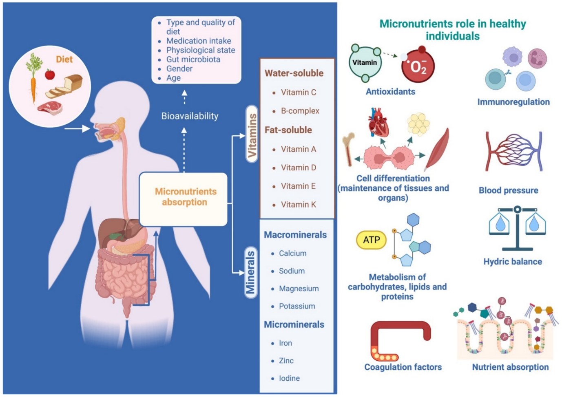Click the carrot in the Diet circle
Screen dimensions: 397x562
coord(33,84)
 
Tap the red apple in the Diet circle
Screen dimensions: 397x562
coord(50,74)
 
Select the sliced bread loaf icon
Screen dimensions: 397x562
coord(65,86)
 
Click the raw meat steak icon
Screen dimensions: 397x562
coord(50,108)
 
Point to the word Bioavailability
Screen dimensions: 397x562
coord(190,116)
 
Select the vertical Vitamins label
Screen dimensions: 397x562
coord(252,135)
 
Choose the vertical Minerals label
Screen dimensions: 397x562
coord(250,272)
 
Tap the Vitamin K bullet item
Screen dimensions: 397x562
coord(298,205)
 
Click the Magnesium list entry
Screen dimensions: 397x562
coord(299,289)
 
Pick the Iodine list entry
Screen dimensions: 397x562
coord(289,378)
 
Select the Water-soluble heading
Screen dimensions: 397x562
coord(294,73)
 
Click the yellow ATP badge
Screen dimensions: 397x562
coord(371,240)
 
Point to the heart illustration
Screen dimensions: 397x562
coord(378,122)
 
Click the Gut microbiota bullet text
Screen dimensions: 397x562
coord(193,60)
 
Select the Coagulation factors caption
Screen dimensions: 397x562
coord(403,367)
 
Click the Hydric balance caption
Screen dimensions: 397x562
coord(513,262)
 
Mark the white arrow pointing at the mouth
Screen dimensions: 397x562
coord(77,129)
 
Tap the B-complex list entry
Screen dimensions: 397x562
coord(300,111)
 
